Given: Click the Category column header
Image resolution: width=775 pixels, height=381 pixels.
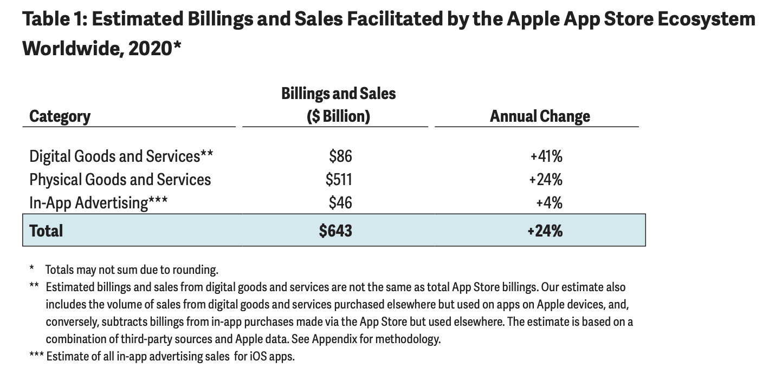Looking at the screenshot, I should pos(60,116).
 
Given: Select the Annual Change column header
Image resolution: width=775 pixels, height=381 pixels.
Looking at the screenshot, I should pos(540,116).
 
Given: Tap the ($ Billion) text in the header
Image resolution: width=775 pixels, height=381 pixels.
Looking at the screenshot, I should pos(338,116).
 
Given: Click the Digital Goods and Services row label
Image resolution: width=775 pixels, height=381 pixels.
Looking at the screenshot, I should pos(121,156).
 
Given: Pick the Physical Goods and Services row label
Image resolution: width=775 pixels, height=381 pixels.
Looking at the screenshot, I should pos(120,179).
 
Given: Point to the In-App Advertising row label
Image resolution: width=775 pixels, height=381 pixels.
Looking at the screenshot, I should pos(98,202).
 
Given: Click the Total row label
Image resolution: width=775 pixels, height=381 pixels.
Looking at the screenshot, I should pos(46,231).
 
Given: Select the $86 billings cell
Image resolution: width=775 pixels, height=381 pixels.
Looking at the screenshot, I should pos(340,156).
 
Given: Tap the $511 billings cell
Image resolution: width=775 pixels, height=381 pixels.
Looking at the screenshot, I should pos(339,179).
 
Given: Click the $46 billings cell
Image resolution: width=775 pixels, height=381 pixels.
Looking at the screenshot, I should pos(340,202).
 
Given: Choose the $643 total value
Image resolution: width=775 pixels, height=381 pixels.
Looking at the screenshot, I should pos(335,231).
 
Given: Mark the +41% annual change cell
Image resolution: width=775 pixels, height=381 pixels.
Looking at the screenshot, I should pos(546,156).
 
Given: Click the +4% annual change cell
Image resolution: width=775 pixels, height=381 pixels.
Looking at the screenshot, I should pos(549,202).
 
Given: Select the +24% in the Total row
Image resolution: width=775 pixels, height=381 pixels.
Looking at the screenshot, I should pos(545,231).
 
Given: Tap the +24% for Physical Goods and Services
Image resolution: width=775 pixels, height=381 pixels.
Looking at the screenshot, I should pos(546,179).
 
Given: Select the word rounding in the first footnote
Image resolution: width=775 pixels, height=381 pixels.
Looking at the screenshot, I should pos(198,270).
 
